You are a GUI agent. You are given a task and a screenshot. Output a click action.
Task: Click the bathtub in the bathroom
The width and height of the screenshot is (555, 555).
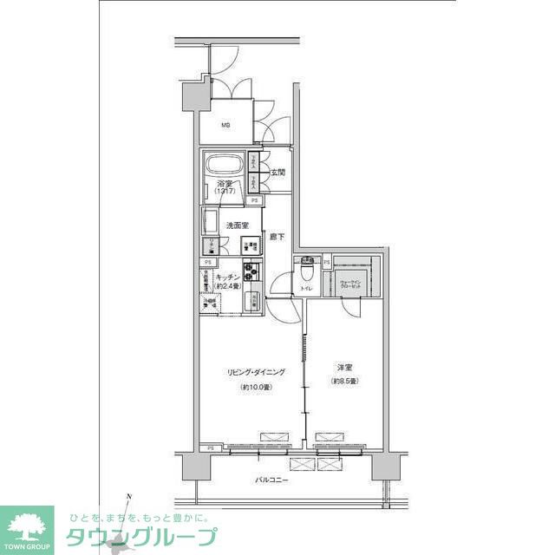coord(224,165)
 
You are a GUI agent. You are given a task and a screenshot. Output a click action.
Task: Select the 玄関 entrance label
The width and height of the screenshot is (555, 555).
coord(277,173)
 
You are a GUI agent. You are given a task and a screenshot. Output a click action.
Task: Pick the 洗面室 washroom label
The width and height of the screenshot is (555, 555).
coord(238,225)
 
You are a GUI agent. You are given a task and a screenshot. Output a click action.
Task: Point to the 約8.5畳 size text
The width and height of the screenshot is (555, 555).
coord(344,382)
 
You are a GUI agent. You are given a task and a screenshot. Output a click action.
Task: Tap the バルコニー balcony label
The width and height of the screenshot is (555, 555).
coord(271,480)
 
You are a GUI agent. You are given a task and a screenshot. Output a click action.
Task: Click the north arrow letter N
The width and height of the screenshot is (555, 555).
coord(128,496)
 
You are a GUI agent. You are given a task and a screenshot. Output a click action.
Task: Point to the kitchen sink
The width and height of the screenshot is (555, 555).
coord(252,302)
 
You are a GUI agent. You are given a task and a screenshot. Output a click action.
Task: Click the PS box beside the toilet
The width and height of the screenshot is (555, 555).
coord(327,262)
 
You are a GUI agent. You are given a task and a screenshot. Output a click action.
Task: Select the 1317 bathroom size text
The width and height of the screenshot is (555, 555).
coord(225,193)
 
